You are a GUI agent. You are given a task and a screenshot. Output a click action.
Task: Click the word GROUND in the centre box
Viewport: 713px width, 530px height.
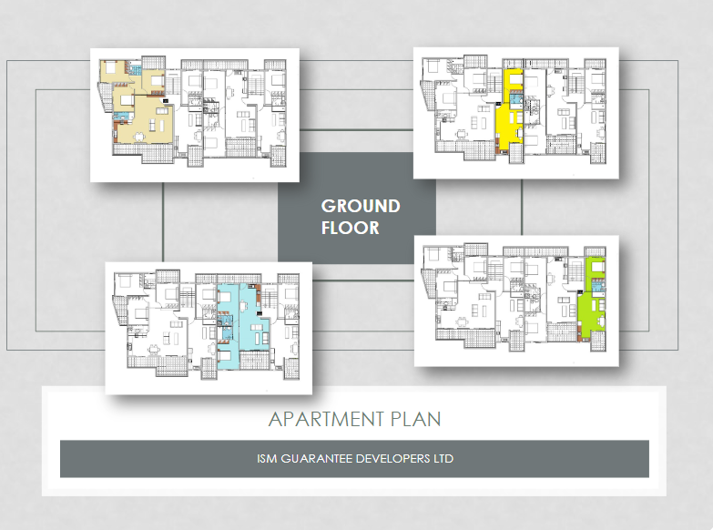point(361,206)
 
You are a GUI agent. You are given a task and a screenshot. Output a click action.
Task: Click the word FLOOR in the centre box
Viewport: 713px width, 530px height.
point(351,228)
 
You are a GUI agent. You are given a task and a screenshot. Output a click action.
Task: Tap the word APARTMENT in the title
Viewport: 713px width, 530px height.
point(326,419)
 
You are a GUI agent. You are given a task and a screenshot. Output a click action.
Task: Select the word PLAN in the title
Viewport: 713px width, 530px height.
point(415,419)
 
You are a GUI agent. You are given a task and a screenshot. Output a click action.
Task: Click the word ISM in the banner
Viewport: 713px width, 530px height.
point(267,459)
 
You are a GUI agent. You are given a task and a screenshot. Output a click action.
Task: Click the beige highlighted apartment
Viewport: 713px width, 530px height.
point(147,118)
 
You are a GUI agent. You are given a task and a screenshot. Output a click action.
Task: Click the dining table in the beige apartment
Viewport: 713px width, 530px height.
point(139,135)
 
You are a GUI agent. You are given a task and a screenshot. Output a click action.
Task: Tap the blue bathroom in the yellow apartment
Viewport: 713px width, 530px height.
point(515,99)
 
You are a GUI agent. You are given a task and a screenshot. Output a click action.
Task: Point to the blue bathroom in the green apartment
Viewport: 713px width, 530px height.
point(598,287)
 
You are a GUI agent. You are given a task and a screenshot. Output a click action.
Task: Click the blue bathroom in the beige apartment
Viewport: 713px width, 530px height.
point(135,69)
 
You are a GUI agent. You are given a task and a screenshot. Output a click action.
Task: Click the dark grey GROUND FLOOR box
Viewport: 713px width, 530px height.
point(357,208)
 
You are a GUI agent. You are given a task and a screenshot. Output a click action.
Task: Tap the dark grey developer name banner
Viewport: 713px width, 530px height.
point(355,459)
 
